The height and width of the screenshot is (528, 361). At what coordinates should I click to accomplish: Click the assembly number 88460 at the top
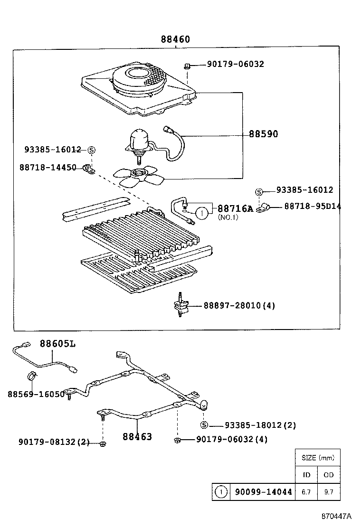[x=175, y=40]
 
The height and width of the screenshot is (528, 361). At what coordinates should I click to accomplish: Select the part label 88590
[x=263, y=134]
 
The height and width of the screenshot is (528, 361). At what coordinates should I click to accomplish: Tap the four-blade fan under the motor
[x=139, y=175]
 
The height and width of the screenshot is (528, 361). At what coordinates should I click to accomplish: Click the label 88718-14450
[x=48, y=168]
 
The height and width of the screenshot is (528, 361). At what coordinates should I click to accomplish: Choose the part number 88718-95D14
[x=313, y=207]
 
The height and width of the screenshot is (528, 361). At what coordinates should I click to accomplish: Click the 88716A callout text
[x=235, y=208]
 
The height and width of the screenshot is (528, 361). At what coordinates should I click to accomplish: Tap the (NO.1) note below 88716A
[x=228, y=217]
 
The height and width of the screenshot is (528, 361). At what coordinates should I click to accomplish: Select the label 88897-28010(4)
[x=239, y=305]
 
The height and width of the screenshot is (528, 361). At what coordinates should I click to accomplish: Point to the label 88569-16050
[x=36, y=394]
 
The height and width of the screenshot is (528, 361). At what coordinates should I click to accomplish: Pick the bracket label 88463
[x=137, y=436]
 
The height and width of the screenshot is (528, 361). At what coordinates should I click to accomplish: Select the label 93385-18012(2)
[x=260, y=425]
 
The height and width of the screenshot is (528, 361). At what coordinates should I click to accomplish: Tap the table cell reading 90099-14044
[x=263, y=492]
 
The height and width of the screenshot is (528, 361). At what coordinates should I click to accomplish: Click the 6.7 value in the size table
[x=306, y=492]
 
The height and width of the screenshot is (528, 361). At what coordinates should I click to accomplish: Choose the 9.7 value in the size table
[x=329, y=492]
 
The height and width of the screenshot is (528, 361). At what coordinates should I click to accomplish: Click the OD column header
[x=329, y=474]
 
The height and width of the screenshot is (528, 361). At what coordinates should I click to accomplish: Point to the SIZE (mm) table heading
[x=318, y=458]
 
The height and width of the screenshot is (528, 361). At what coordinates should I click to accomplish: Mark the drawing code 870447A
[x=335, y=516]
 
